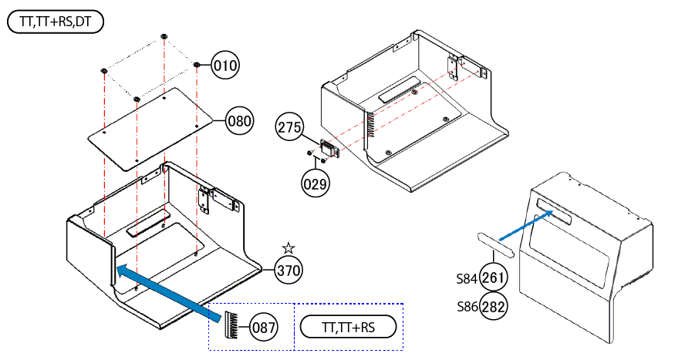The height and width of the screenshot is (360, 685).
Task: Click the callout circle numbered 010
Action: point(225,66)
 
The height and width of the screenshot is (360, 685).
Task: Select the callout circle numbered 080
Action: point(239,120)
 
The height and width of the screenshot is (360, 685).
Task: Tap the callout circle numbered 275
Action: point(289,127)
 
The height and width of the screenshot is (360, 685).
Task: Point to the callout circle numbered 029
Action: point(315,183)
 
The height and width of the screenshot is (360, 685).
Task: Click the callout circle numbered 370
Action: point(289,271)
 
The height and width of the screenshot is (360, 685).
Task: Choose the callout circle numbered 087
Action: point(263,328)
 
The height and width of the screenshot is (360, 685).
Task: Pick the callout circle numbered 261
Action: point(493,278)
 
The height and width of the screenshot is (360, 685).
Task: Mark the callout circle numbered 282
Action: point(493,307)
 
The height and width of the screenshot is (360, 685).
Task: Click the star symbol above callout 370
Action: point(289,248)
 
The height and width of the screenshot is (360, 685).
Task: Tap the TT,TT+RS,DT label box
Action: point(56,22)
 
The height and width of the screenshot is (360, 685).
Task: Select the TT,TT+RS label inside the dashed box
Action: point(348,327)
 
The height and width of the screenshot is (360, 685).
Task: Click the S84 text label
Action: point(467,278)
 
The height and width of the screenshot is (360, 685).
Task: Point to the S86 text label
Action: point(467,307)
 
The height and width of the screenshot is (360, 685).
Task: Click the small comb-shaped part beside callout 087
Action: point(231,325)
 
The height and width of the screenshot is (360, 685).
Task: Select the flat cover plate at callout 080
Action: point(150,128)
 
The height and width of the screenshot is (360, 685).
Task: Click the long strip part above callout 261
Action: point(495,245)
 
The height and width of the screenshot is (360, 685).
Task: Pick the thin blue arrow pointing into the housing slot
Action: point(526,225)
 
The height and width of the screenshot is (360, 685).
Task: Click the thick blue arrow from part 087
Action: point(170,292)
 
